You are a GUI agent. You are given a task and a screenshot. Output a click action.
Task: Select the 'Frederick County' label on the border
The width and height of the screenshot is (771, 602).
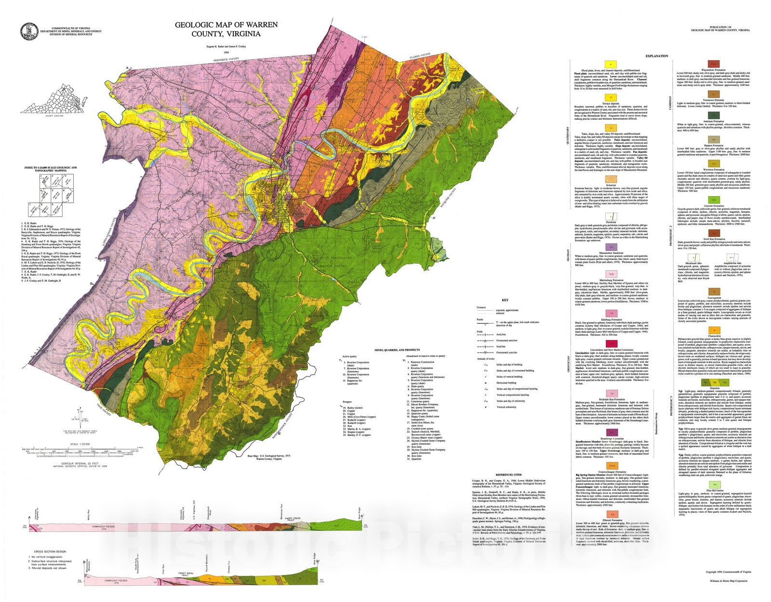(227, 60)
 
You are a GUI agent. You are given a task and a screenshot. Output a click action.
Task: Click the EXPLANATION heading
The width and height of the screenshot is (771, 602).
(657, 56)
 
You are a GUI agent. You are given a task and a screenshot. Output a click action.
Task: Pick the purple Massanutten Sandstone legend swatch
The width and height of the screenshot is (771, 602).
(611, 247)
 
